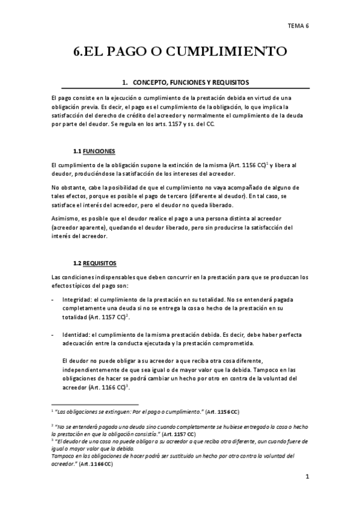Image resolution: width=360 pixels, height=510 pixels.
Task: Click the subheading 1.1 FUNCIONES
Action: [x=94, y=150]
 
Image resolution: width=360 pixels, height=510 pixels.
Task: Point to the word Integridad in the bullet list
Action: [x=77, y=299]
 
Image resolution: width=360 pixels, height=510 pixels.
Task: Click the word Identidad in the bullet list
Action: [x=75, y=334]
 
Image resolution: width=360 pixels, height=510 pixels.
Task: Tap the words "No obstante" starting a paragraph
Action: [x=68, y=188]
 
